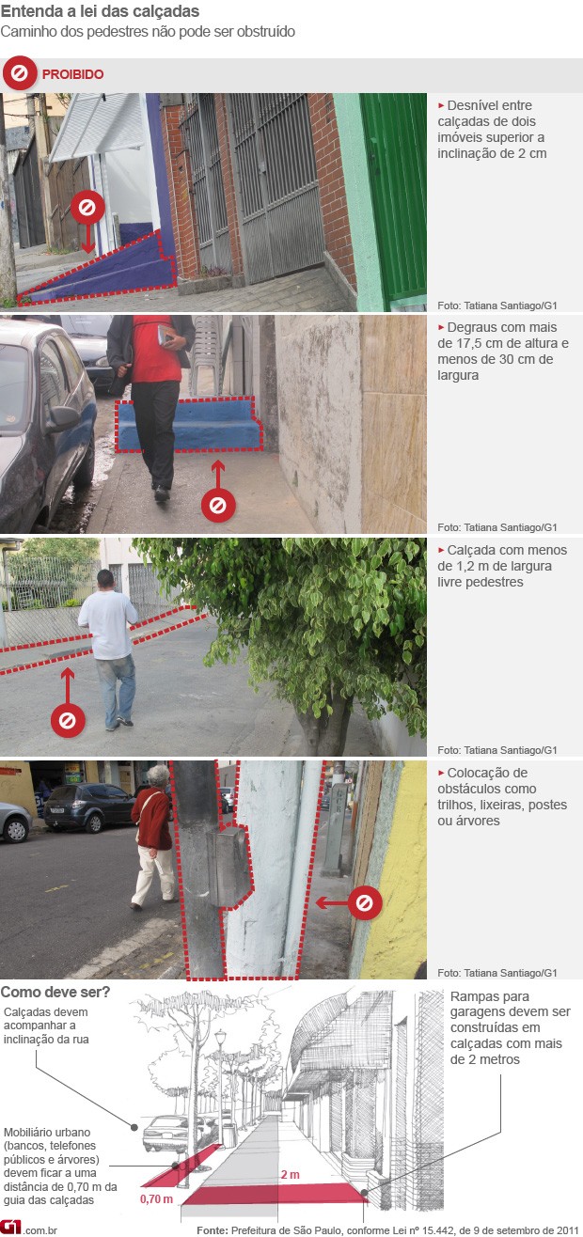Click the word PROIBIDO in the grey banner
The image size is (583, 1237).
[x=73, y=74]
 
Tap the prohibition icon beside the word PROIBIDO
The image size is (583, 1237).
[x=20, y=73]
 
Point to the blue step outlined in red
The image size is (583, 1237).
[x=189, y=424]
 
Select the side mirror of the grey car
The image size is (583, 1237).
[x=62, y=418]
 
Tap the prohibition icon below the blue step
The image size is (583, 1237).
[x=218, y=505]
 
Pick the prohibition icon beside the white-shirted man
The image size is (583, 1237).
[x=68, y=721]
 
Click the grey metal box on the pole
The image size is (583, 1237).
[x=228, y=868]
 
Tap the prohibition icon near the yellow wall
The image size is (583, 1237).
[x=364, y=903]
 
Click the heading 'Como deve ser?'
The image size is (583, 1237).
[x=55, y=993]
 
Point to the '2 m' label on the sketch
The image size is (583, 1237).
[x=291, y=1175]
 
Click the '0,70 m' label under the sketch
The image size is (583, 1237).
[x=156, y=1198]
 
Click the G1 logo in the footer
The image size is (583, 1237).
[x=10, y=1228]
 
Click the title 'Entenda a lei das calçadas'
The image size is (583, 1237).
[x=100, y=11]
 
